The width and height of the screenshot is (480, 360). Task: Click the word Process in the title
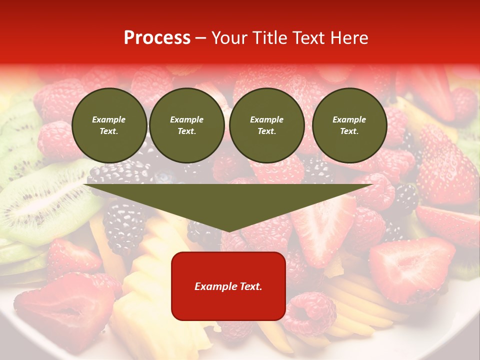pos(157,38)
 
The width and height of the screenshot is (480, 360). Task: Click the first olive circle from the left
pos(109,125)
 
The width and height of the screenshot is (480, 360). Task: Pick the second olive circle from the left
pos(187,125)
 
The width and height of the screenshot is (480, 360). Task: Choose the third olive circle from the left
pos(266,125)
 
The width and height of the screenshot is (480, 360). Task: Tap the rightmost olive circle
pos(349,125)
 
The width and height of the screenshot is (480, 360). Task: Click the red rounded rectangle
pos(228,286)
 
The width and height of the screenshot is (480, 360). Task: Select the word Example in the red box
pos(216,286)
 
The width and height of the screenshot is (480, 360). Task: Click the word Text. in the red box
pos(251,286)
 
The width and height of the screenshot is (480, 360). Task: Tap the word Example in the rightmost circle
pos(349,119)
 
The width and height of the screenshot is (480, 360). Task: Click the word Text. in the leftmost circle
pos(109,131)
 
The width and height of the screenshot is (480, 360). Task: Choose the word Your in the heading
pos(230,38)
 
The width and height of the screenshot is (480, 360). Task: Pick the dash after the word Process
pos(201,38)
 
